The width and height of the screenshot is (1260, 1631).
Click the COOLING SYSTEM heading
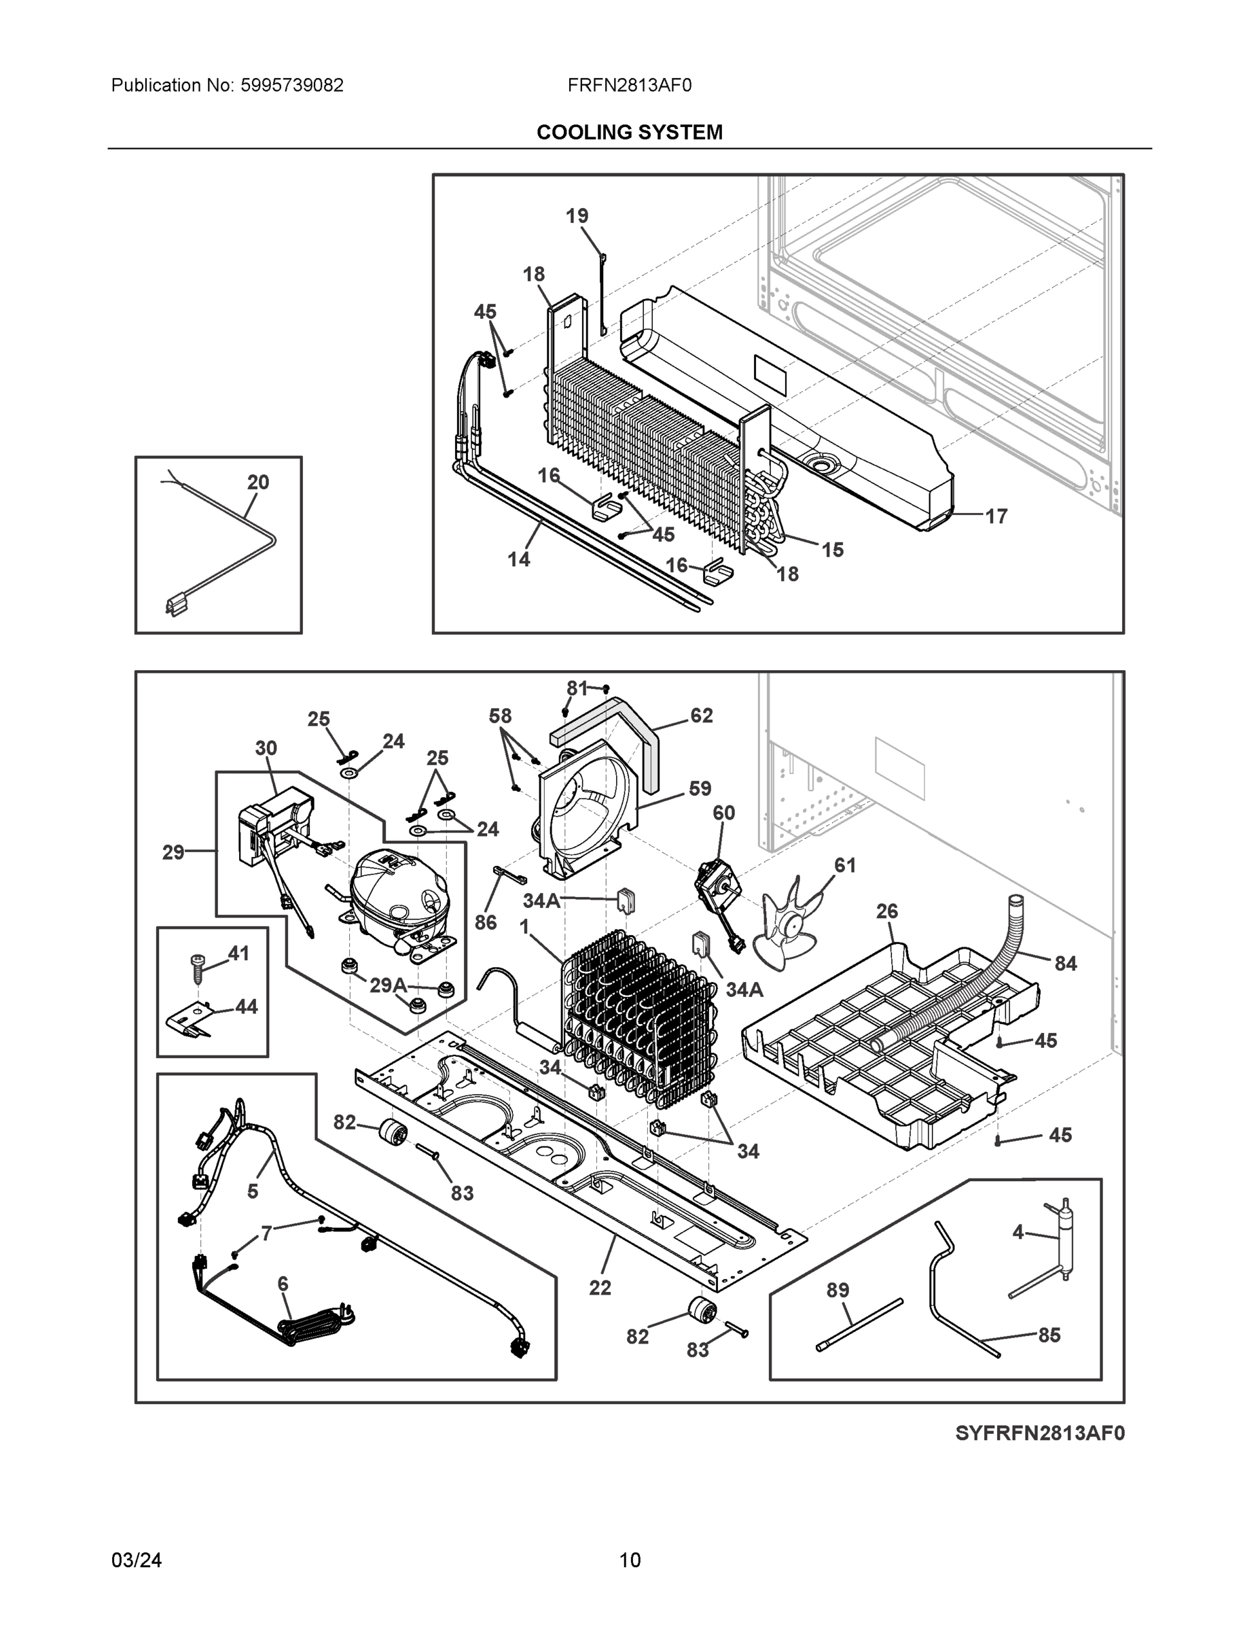629,133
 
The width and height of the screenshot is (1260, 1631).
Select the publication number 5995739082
292,85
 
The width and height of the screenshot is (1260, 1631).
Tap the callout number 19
576,216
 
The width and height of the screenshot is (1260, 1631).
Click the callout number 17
996,516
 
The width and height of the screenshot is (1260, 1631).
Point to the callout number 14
519,559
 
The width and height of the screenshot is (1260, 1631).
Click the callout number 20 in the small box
258,483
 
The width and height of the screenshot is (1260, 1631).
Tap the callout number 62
701,716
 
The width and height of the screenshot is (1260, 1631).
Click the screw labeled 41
198,967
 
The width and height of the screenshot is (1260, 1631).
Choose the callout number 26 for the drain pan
887,911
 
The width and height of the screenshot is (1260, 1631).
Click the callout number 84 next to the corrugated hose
1065,964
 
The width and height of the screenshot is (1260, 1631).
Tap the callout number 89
838,1290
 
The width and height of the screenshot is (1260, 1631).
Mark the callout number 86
485,922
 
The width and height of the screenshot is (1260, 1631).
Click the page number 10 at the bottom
630,1560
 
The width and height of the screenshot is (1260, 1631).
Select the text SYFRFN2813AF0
1039,1433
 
